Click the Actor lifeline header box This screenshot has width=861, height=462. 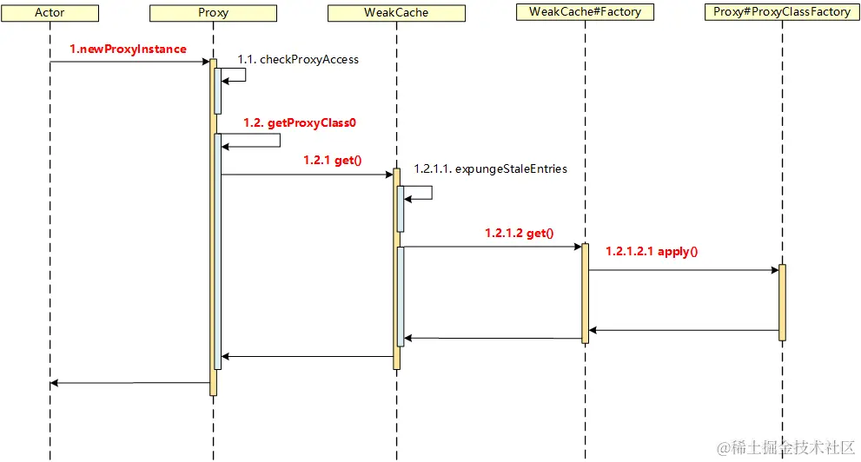(x=50, y=13)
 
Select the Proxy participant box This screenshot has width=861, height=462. (x=213, y=13)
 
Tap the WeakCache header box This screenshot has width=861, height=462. (x=396, y=13)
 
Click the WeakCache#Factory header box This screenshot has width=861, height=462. (x=584, y=12)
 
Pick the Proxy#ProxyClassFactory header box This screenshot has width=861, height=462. (x=781, y=12)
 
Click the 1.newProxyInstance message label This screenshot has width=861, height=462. (x=128, y=49)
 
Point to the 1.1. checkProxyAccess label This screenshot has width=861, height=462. (x=298, y=59)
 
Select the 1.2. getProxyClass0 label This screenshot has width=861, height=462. (x=300, y=123)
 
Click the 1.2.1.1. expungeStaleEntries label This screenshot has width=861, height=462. (x=490, y=168)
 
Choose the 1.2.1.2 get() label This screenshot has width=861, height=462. (x=519, y=233)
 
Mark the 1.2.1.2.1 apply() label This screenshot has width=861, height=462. (x=652, y=252)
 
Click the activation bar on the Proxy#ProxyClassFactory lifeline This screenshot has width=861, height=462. (x=782, y=302)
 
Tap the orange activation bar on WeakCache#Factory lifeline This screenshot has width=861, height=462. (x=585, y=293)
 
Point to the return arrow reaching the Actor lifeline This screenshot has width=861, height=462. (x=130, y=383)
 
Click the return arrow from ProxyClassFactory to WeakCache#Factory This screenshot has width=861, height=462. (x=683, y=330)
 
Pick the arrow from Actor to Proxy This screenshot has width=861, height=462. (x=130, y=62)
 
